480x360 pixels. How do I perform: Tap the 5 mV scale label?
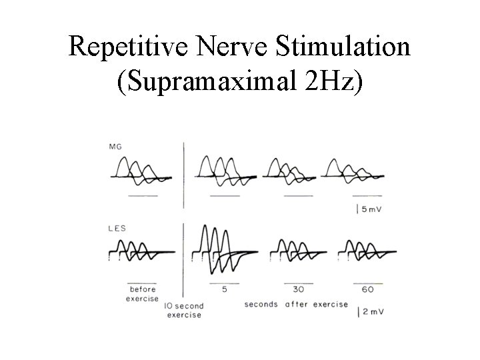click(x=372, y=209)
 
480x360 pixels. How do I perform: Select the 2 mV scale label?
click(x=372, y=311)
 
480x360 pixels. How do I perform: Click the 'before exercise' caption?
click(x=142, y=294)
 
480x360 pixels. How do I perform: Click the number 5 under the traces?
click(x=224, y=290)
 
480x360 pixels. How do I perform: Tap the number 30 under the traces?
click(x=298, y=290)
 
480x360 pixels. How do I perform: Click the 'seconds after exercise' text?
click(x=296, y=304)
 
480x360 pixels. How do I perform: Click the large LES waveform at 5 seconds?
click(x=219, y=250)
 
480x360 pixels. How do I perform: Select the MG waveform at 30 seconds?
click(x=289, y=171)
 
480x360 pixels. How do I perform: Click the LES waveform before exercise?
click(x=139, y=252)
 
